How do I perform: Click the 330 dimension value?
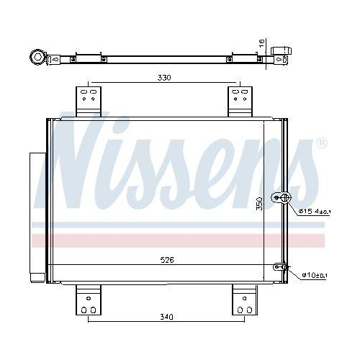pos(165,77)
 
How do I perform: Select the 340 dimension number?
pos(168,317)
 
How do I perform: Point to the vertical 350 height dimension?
pos(260,204)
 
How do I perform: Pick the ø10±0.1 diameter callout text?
pos(313,274)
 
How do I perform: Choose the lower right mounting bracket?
pos(243,300)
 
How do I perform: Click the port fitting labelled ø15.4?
pos(282,198)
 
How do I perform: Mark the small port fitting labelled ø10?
pos(283,267)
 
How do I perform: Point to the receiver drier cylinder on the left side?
pos(36,216)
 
